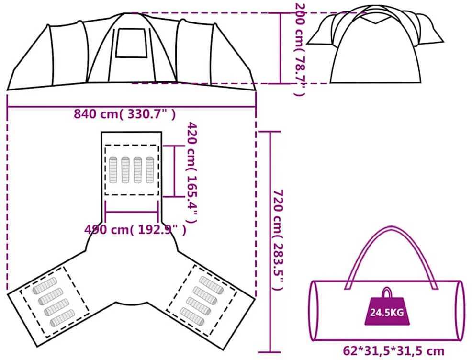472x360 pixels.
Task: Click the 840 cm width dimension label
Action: [x=124, y=114]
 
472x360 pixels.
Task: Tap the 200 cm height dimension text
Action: [x=300, y=50]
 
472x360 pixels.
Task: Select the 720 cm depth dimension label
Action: [x=278, y=240]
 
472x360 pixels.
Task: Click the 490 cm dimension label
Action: [x=135, y=230]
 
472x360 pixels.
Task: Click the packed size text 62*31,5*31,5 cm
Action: [x=393, y=351]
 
